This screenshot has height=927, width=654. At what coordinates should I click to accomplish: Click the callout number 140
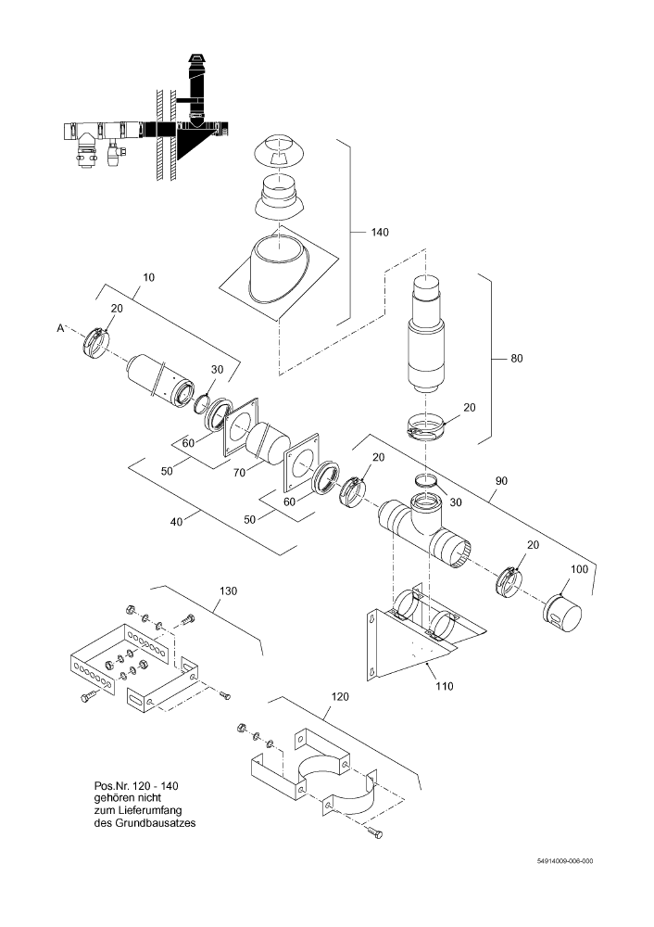[380, 233]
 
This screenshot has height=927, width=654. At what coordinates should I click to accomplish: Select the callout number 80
[516, 358]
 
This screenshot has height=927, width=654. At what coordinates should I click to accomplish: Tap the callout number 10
[149, 277]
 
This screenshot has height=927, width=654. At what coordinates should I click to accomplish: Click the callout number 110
[445, 686]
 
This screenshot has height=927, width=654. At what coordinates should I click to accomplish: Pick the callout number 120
[340, 697]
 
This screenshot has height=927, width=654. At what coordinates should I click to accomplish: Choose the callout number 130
[228, 591]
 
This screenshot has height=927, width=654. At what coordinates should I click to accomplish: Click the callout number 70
[238, 474]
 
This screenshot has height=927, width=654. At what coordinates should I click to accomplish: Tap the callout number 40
[176, 521]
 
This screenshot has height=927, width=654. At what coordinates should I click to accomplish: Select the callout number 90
[501, 481]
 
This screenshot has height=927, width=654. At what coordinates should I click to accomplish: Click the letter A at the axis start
[60, 329]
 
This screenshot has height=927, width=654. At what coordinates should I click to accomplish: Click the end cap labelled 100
[562, 611]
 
